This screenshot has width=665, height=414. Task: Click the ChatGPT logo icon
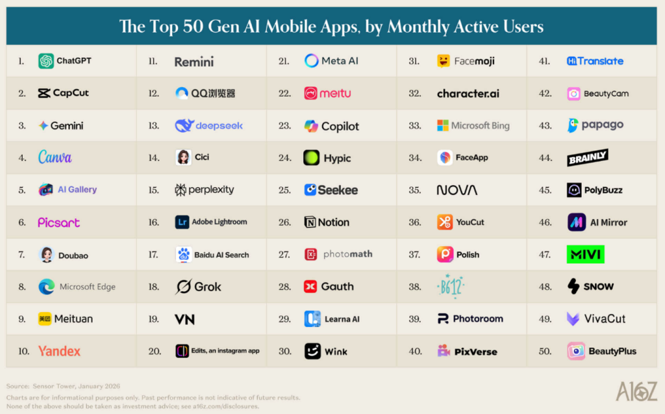(x=46, y=61)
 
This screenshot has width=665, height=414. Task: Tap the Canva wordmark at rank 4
(x=55, y=157)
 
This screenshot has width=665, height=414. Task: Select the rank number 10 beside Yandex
(x=24, y=351)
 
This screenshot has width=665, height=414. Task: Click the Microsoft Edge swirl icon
(x=46, y=287)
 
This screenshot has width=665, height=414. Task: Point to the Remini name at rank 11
(x=194, y=62)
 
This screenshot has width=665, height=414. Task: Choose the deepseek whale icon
(x=184, y=125)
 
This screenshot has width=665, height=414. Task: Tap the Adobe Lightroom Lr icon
(x=182, y=222)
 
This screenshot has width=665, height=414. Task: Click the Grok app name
(x=207, y=287)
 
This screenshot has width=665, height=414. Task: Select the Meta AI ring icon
(x=311, y=60)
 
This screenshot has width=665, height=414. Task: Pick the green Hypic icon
(x=311, y=157)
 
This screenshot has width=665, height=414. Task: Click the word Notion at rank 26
(x=333, y=222)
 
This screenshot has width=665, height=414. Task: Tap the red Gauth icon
(x=310, y=287)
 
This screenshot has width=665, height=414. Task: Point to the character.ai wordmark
(x=468, y=94)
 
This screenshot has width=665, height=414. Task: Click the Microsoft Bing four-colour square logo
(x=443, y=125)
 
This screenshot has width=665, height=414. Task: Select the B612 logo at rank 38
(x=451, y=287)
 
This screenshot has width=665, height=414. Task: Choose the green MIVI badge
(x=585, y=254)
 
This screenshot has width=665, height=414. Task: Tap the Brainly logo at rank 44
(x=588, y=157)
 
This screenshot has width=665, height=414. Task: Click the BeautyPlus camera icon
(x=576, y=351)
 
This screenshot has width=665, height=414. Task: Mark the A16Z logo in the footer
(x=636, y=391)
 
